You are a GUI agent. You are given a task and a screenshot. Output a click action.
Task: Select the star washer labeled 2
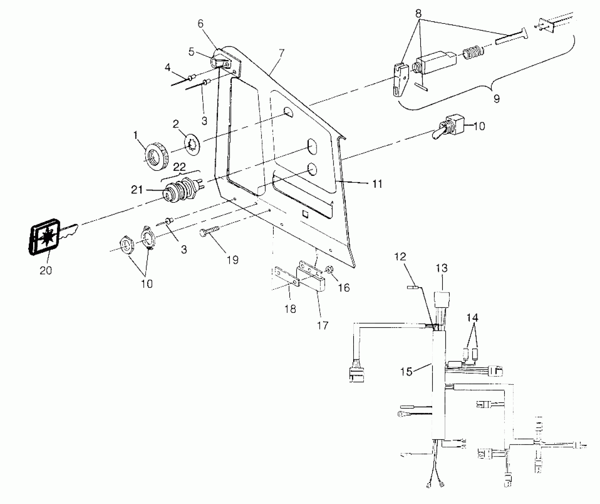point(192,144)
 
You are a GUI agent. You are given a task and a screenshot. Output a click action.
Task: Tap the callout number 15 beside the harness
point(407,371)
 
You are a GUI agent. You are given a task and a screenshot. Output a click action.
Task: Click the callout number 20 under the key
point(45,270)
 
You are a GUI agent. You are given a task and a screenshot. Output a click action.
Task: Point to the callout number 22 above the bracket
point(179,167)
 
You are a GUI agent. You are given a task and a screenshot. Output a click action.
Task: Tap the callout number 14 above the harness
point(473,318)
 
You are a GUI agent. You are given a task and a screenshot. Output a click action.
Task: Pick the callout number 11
point(377,184)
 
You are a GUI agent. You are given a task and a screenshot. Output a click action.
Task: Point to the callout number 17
point(323,326)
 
